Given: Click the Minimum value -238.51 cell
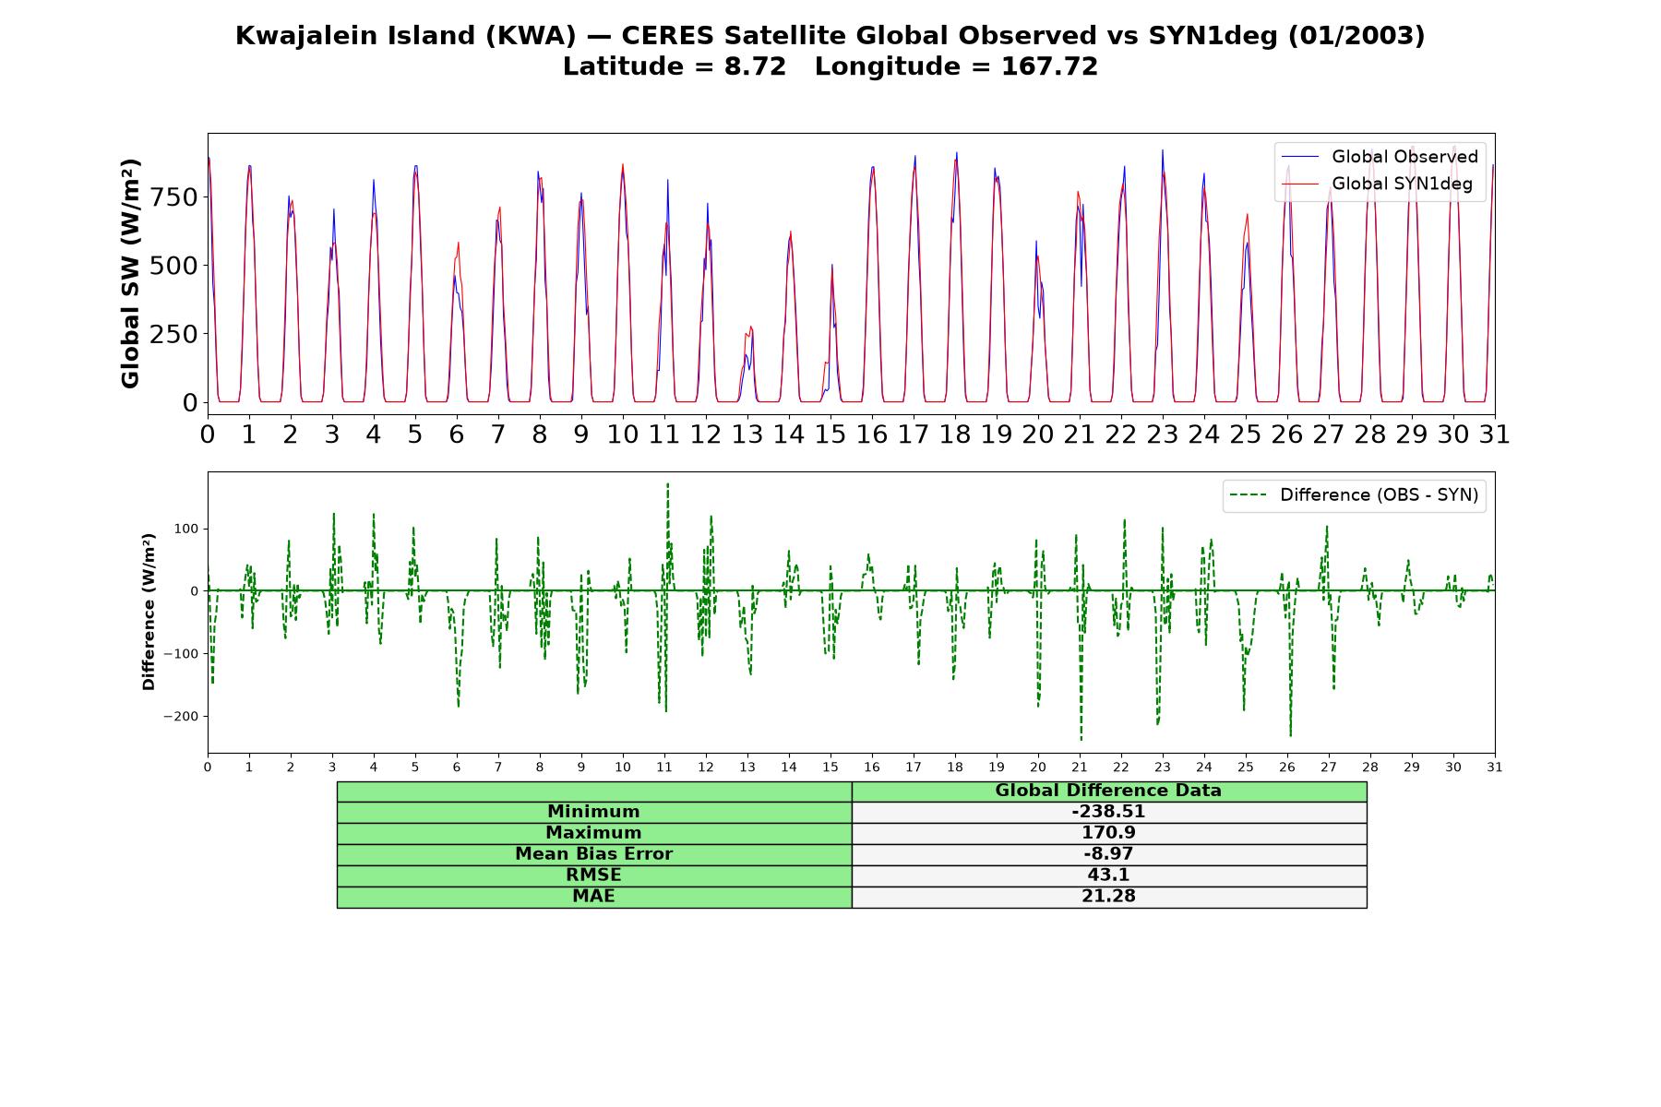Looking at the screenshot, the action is point(1108,812).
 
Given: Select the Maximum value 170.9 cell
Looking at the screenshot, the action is point(1108,833).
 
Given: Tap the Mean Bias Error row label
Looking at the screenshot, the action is point(593,854).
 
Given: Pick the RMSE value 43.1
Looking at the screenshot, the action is point(1108,875).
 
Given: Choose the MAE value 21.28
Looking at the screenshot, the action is point(1108,897).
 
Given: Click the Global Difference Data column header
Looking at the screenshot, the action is point(1108,791).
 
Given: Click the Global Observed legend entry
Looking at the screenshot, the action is point(1380,157).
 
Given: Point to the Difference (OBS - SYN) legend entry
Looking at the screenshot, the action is point(1355,495).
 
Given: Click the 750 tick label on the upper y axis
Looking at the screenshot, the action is point(174,197).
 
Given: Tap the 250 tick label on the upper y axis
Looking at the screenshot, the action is point(174,334).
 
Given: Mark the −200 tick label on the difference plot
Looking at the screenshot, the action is point(181,717).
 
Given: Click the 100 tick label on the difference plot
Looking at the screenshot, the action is point(187,530).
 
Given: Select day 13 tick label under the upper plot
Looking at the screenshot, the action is point(747,434).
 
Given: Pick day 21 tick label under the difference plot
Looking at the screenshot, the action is point(1080,768).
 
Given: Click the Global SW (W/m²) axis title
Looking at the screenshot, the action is point(130,273).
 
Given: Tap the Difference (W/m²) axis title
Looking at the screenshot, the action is point(149,612).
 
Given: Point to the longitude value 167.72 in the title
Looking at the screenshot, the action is point(1049,67).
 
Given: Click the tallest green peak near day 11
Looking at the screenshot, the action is point(667,483).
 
